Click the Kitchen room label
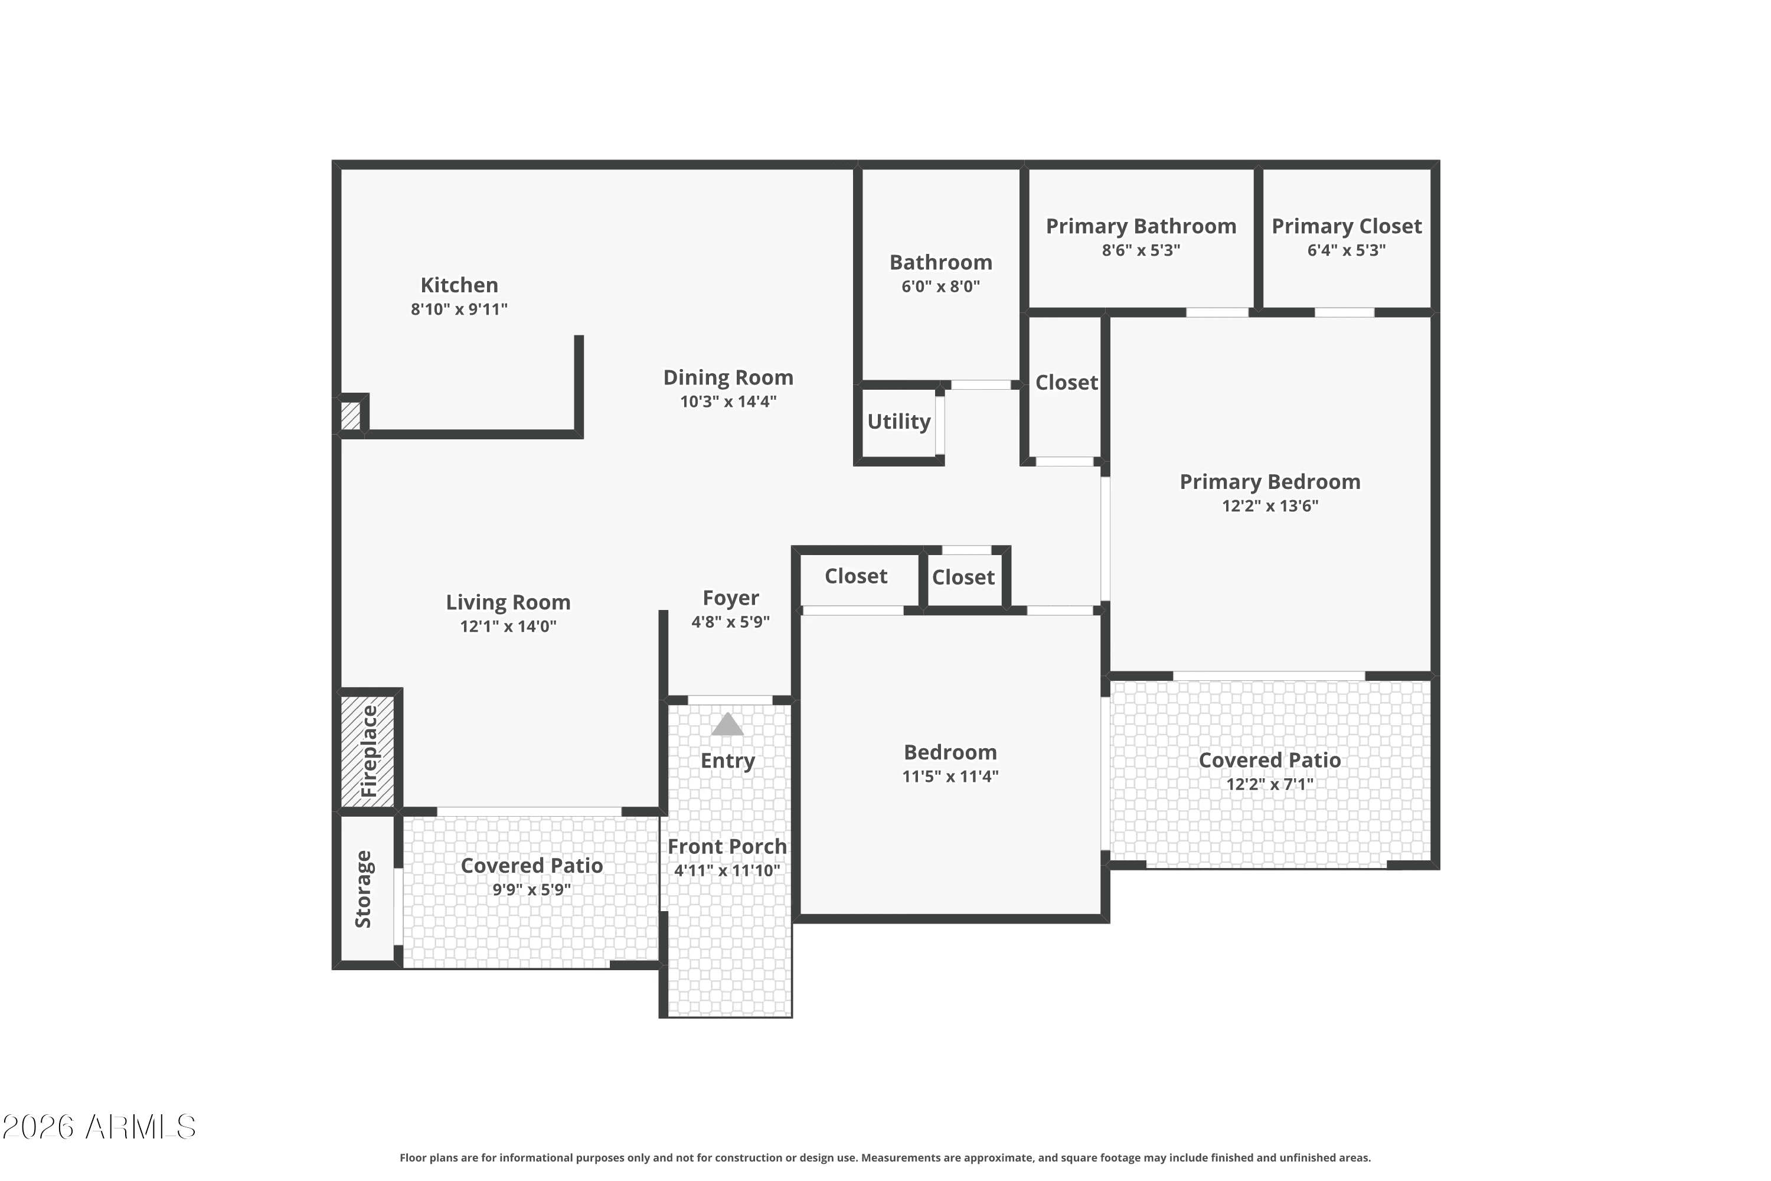pos(459,285)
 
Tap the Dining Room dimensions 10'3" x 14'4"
pos(728,402)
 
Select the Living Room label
pos(508,602)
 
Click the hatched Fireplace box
pos(367,751)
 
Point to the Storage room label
pos(364,889)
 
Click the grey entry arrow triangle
pos(727,724)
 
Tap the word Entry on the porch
pos(727,761)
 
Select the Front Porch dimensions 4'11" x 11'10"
pos(727,870)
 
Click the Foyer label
pos(730,598)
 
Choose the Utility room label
pos(899,422)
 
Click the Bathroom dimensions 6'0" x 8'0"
pos(940,286)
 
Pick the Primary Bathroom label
pos(1141,226)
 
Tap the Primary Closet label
pos(1347,226)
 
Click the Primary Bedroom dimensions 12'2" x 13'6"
pos(1270,506)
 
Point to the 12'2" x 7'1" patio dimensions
pos(1270,784)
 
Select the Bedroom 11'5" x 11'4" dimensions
pos(950,777)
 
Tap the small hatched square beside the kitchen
pos(350,416)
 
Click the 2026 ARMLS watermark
pos(99,1127)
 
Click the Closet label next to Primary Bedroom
pos(1066,383)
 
